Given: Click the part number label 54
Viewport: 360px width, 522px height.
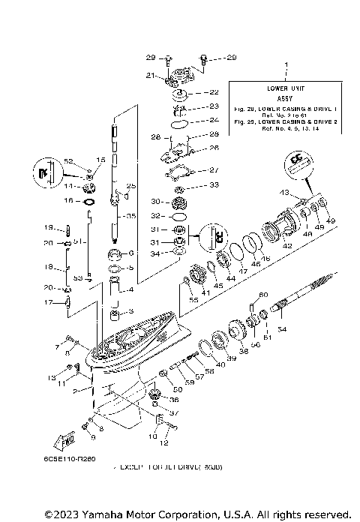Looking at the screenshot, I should coord(283,329).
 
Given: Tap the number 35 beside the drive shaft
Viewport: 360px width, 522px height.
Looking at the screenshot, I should coord(130,217).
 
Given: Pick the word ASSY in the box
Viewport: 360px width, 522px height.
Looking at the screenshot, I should coord(285,97).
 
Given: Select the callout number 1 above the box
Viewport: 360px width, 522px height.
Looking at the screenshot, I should coord(285,65).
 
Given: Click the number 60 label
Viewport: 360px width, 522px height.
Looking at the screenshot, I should coord(264,294).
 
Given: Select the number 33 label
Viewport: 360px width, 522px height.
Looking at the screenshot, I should coord(214,184).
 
